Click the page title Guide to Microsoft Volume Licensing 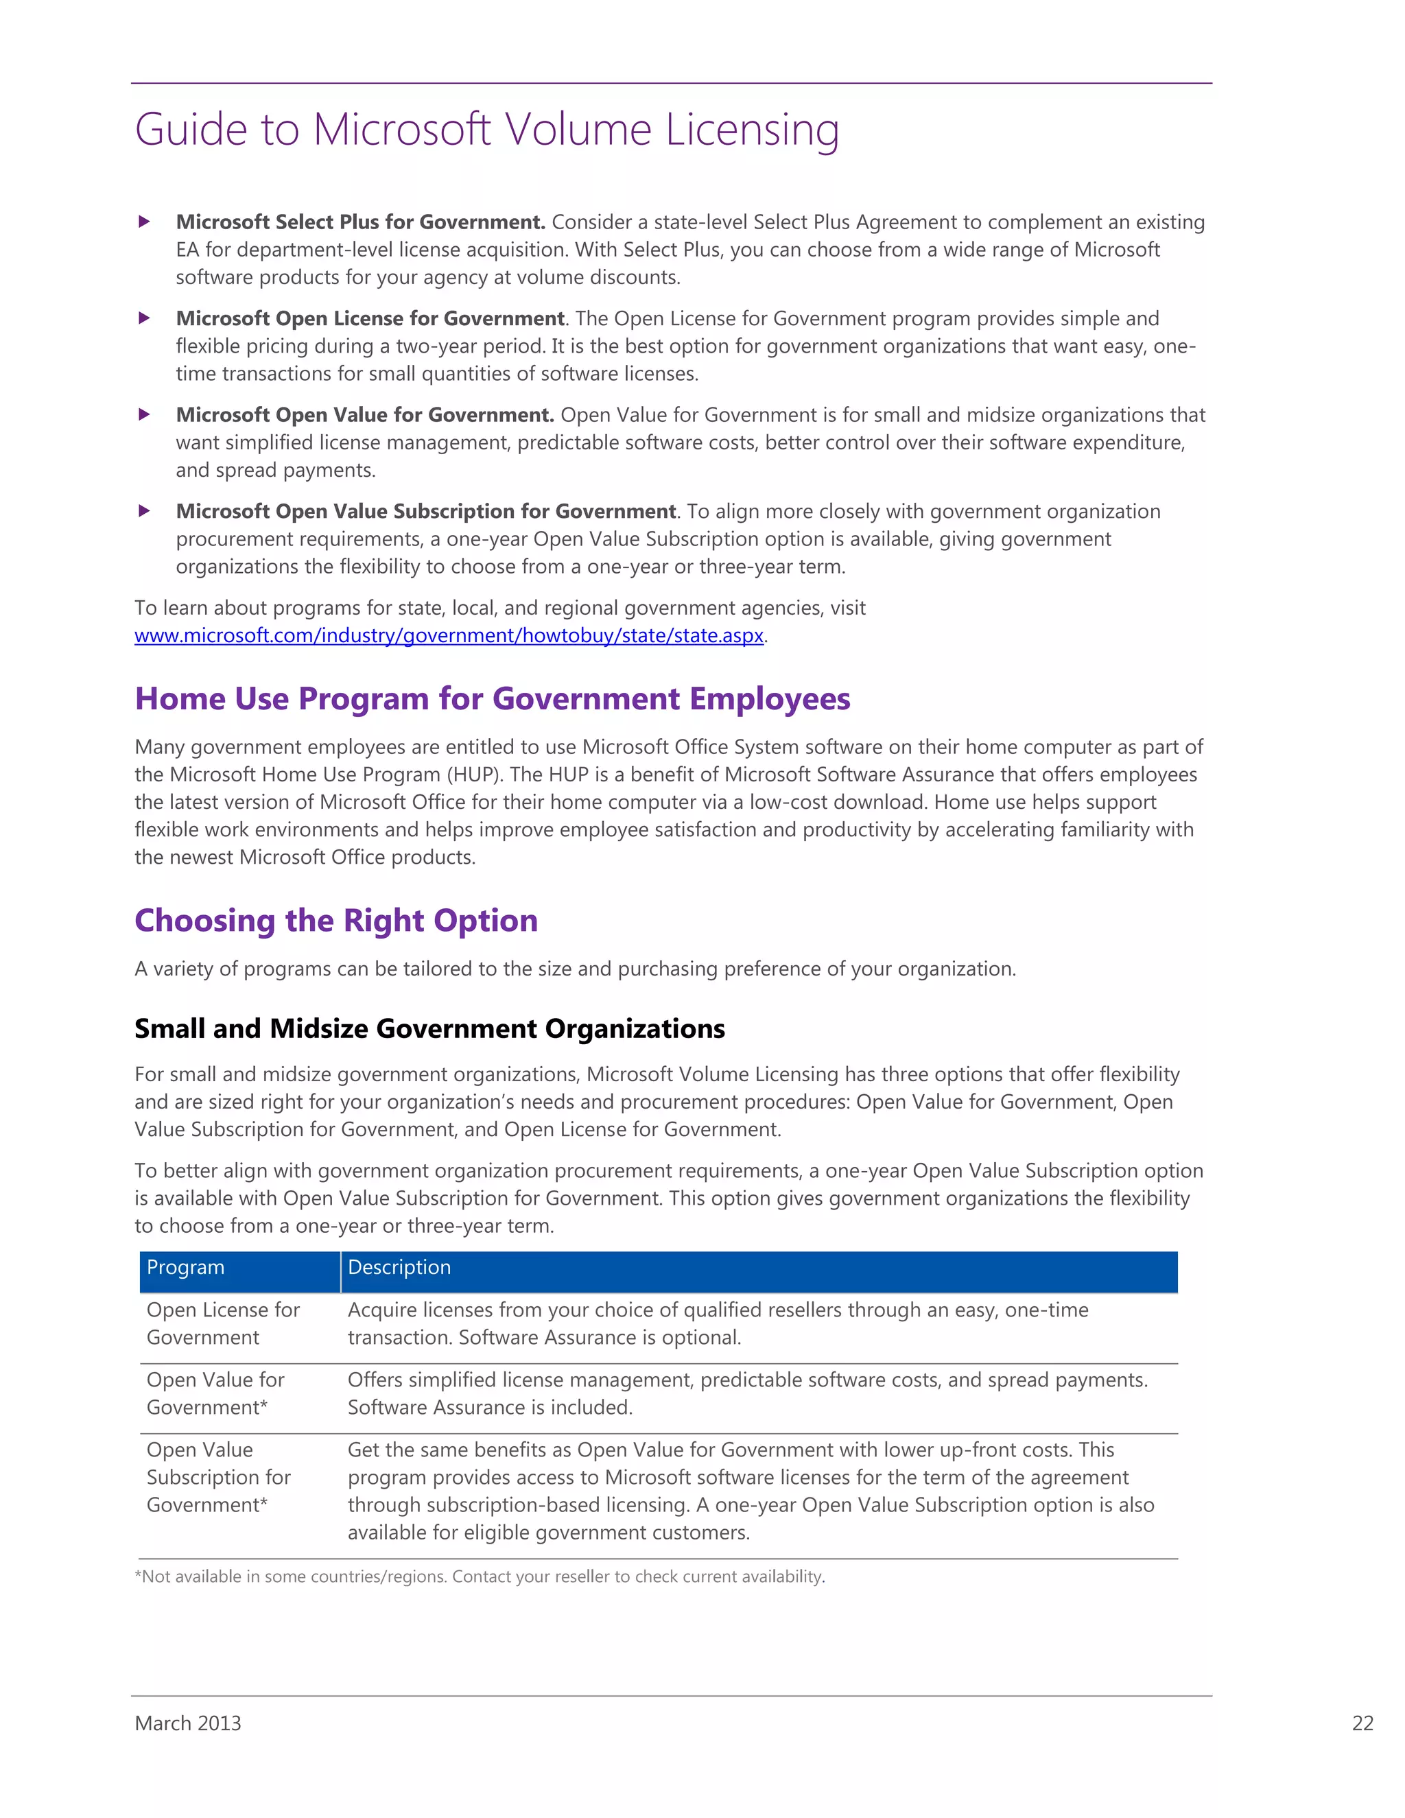pos(487,130)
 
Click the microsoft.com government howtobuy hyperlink pos(449,635)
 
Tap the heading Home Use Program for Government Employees pos(492,698)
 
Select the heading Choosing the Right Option pos(336,920)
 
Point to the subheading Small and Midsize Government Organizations pos(429,1028)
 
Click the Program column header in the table pos(186,1267)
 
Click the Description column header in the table pos(399,1267)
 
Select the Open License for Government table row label pos(222,1323)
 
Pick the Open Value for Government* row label pos(215,1393)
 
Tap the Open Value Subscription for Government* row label pos(218,1477)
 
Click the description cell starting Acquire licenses pos(718,1323)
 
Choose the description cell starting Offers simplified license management pos(746,1393)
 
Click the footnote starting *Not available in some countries pos(480,1577)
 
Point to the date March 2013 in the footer pos(188,1723)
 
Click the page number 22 pos(1362,1723)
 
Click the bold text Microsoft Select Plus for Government pos(360,222)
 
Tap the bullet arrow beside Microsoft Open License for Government pos(144,318)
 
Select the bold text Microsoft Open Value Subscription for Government pos(425,511)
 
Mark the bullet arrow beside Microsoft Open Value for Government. pos(144,414)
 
